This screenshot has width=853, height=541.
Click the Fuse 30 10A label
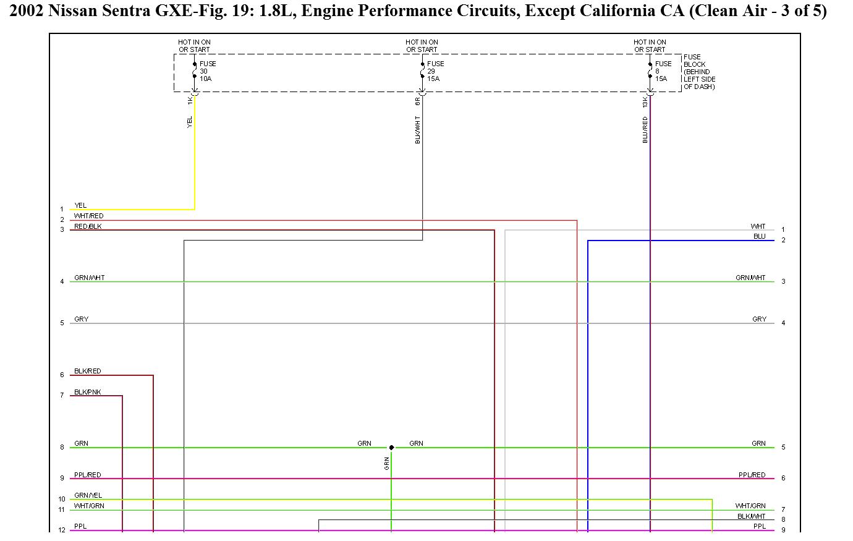[x=208, y=71]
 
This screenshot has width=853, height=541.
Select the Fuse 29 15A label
[x=435, y=71]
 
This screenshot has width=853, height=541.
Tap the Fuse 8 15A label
[x=663, y=71]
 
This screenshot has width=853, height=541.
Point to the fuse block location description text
[x=699, y=72]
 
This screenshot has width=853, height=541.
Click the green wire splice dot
[x=391, y=447]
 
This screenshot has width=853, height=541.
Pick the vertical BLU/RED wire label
[x=645, y=130]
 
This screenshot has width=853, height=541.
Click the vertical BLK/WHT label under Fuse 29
[x=418, y=130]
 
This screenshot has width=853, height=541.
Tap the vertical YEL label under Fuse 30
[x=190, y=122]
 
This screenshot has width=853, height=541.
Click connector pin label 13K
[x=645, y=102]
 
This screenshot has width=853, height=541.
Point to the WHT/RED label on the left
[x=89, y=216]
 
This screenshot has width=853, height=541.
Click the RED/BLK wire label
[x=88, y=226]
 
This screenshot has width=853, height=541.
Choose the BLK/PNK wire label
[x=87, y=392]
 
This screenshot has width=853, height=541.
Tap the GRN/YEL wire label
[x=88, y=495]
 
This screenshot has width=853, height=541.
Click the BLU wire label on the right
[x=759, y=236]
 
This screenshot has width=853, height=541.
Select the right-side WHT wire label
[x=758, y=226]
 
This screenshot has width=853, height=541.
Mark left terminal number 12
[x=62, y=530]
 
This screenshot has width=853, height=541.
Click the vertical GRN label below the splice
[x=387, y=463]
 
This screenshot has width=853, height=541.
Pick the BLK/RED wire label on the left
[x=87, y=371]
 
